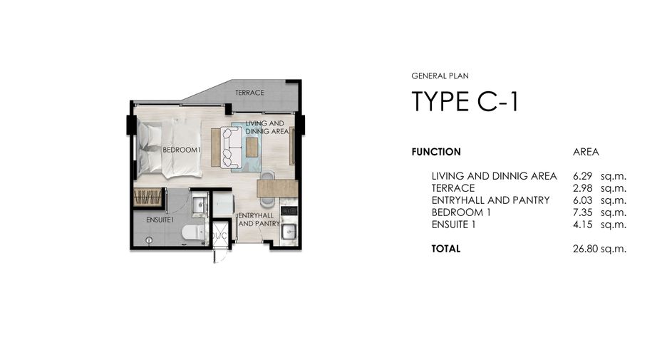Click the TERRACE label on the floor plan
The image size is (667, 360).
[249, 93]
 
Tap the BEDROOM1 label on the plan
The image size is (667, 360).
[181, 150]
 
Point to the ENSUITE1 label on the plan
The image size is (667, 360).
[160, 220]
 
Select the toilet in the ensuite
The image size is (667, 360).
[195, 233]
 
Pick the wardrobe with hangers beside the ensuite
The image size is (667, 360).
[148, 197]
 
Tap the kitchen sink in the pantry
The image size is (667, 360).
[289, 231]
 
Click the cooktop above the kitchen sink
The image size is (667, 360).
[289, 210]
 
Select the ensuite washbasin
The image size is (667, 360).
[199, 205]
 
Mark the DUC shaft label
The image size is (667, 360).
[220, 235]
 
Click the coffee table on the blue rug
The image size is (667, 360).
[252, 148]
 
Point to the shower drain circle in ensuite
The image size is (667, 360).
[148, 240]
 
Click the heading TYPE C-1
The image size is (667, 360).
[465, 102]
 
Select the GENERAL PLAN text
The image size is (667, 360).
[440, 76]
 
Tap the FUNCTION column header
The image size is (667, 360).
[436, 152]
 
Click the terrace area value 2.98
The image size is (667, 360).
[582, 188]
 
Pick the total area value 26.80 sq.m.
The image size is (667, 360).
[599, 249]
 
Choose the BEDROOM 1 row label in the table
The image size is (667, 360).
[461, 212]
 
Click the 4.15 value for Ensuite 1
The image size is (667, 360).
[582, 225]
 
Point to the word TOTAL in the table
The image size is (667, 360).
[446, 249]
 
